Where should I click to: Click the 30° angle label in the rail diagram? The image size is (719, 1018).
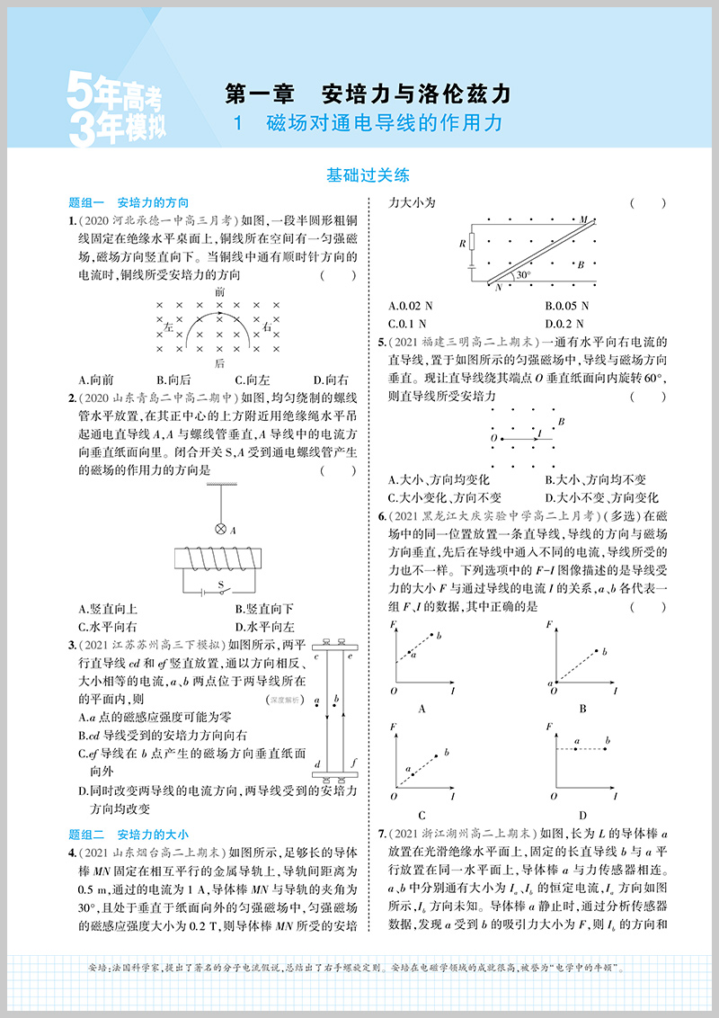coord(523,275)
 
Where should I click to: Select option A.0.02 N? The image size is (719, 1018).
coord(413,306)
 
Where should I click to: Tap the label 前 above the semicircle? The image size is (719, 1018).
coord(220,292)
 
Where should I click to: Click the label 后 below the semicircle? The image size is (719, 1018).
coord(220,363)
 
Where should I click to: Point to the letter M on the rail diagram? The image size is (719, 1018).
coord(583,219)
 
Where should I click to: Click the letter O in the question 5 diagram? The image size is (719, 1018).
coord(493,437)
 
